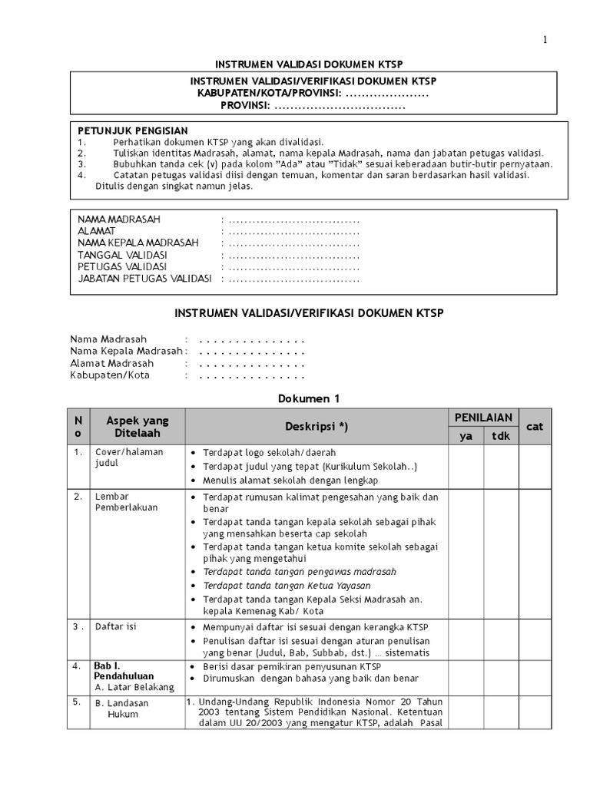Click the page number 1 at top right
545,41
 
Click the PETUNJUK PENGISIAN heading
133,131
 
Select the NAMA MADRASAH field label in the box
119,220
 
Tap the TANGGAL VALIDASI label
122,255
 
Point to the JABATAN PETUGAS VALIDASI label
144,279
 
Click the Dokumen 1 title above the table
307,398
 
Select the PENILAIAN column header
483,418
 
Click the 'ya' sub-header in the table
466,436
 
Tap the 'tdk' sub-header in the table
501,436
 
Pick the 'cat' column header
535,426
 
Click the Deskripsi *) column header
317,427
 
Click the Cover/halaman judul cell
128,458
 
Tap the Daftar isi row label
115,627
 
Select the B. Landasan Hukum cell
122,708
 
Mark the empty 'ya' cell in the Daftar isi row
466,639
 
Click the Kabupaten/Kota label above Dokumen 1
110,375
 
